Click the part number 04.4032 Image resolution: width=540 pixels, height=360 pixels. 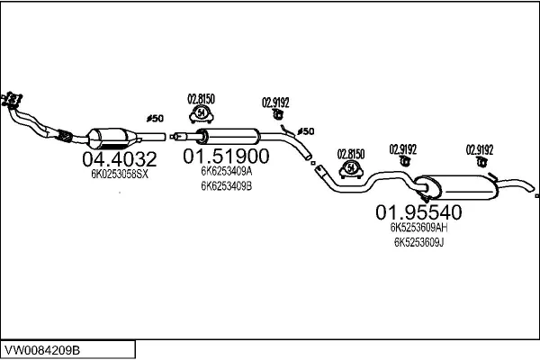(x=120, y=160)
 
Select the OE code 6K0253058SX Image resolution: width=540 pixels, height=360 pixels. (x=120, y=175)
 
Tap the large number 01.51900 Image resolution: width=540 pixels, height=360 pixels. (x=226, y=156)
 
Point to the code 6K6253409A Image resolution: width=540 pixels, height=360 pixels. (x=226, y=171)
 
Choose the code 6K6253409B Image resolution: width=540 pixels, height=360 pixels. (x=226, y=186)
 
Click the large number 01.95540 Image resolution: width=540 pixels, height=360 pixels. (x=418, y=213)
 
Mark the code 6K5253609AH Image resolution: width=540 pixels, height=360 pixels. (x=418, y=228)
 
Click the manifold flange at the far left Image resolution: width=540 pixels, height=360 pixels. (x=13, y=98)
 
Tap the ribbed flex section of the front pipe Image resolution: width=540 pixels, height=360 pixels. (x=65, y=137)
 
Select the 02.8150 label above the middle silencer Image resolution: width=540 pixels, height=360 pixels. (x=200, y=98)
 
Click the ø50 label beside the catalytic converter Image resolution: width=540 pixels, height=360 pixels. (x=156, y=118)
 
